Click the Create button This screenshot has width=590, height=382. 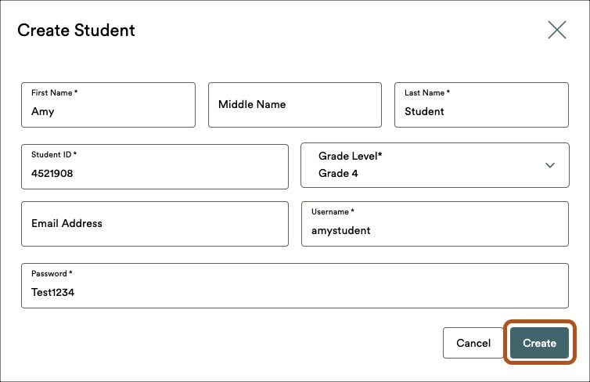(x=539, y=343)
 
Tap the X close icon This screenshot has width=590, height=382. (x=557, y=30)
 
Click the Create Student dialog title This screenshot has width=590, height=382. (x=76, y=30)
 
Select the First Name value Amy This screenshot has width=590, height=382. (x=43, y=111)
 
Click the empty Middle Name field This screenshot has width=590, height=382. (x=295, y=105)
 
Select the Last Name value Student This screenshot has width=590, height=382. (x=424, y=111)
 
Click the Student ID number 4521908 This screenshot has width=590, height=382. (x=52, y=173)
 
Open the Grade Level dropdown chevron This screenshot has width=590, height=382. (x=550, y=165)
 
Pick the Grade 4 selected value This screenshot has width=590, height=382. (x=338, y=173)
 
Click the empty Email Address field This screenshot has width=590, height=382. (x=155, y=224)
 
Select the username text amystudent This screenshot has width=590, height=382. (x=341, y=230)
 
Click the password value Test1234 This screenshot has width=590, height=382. (x=52, y=292)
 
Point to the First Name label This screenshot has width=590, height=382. (x=54, y=92)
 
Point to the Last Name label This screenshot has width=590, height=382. (x=427, y=92)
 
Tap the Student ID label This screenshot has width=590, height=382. (x=54, y=154)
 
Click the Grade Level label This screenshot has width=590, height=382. (x=350, y=156)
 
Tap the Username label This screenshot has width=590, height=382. (x=333, y=211)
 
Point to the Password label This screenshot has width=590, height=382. (x=52, y=274)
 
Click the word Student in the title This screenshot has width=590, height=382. (x=105, y=30)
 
